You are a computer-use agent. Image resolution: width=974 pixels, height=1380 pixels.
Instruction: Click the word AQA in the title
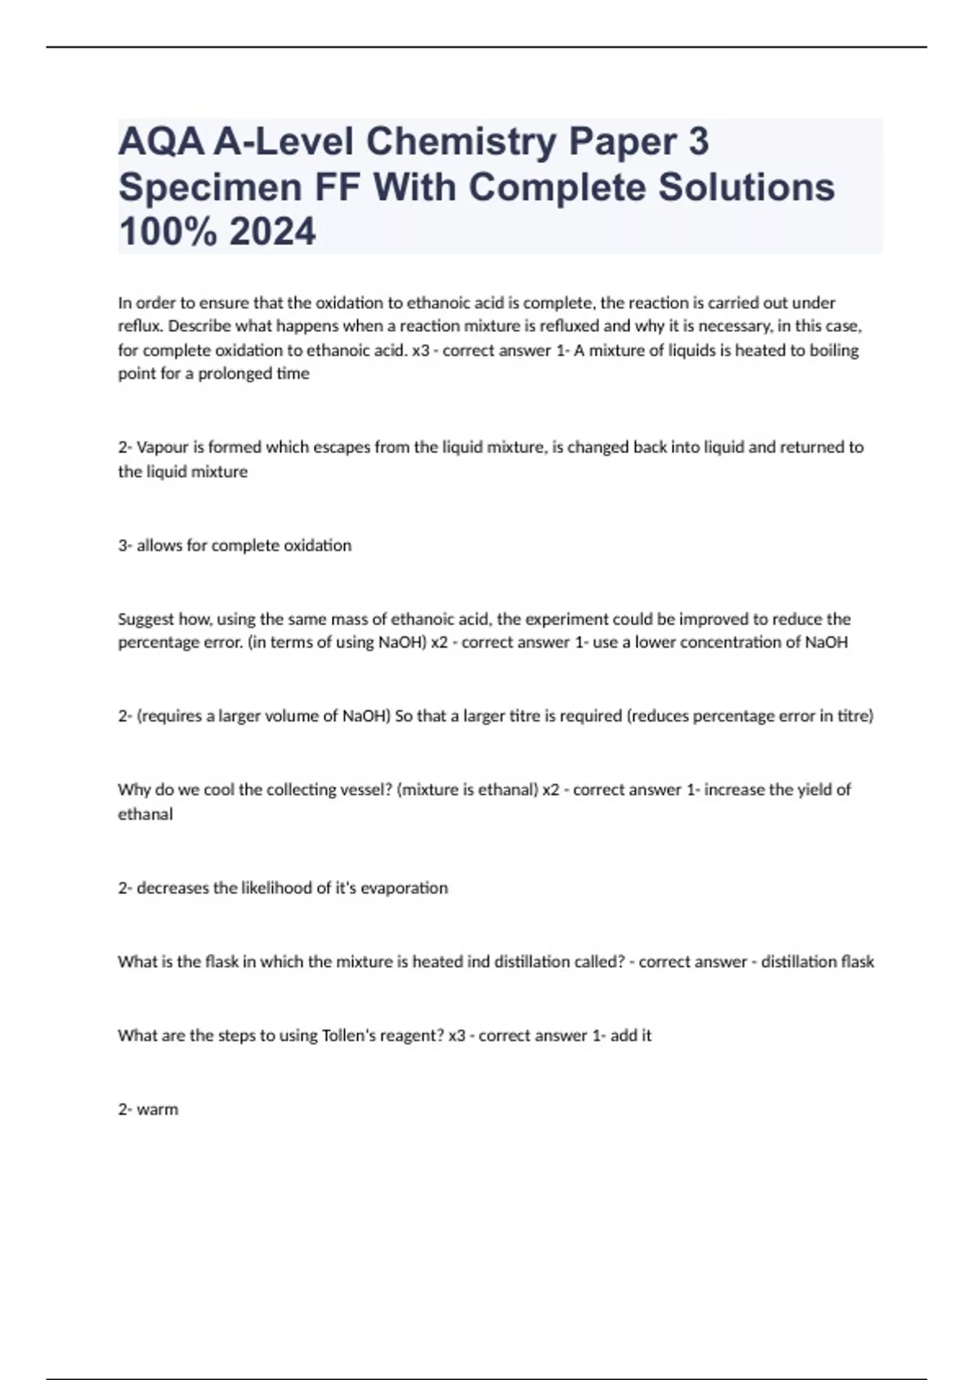tap(161, 143)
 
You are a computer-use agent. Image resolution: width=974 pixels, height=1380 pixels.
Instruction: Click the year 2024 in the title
tap(273, 232)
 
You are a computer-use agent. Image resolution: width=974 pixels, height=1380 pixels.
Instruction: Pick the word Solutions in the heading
tap(746, 188)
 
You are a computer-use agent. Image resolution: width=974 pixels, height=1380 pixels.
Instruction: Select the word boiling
tap(834, 351)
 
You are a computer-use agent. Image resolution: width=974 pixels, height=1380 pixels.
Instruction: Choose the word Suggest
tap(146, 619)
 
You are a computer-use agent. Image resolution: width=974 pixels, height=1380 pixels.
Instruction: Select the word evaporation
tap(403, 888)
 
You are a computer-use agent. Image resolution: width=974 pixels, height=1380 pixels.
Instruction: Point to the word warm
tap(157, 1110)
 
